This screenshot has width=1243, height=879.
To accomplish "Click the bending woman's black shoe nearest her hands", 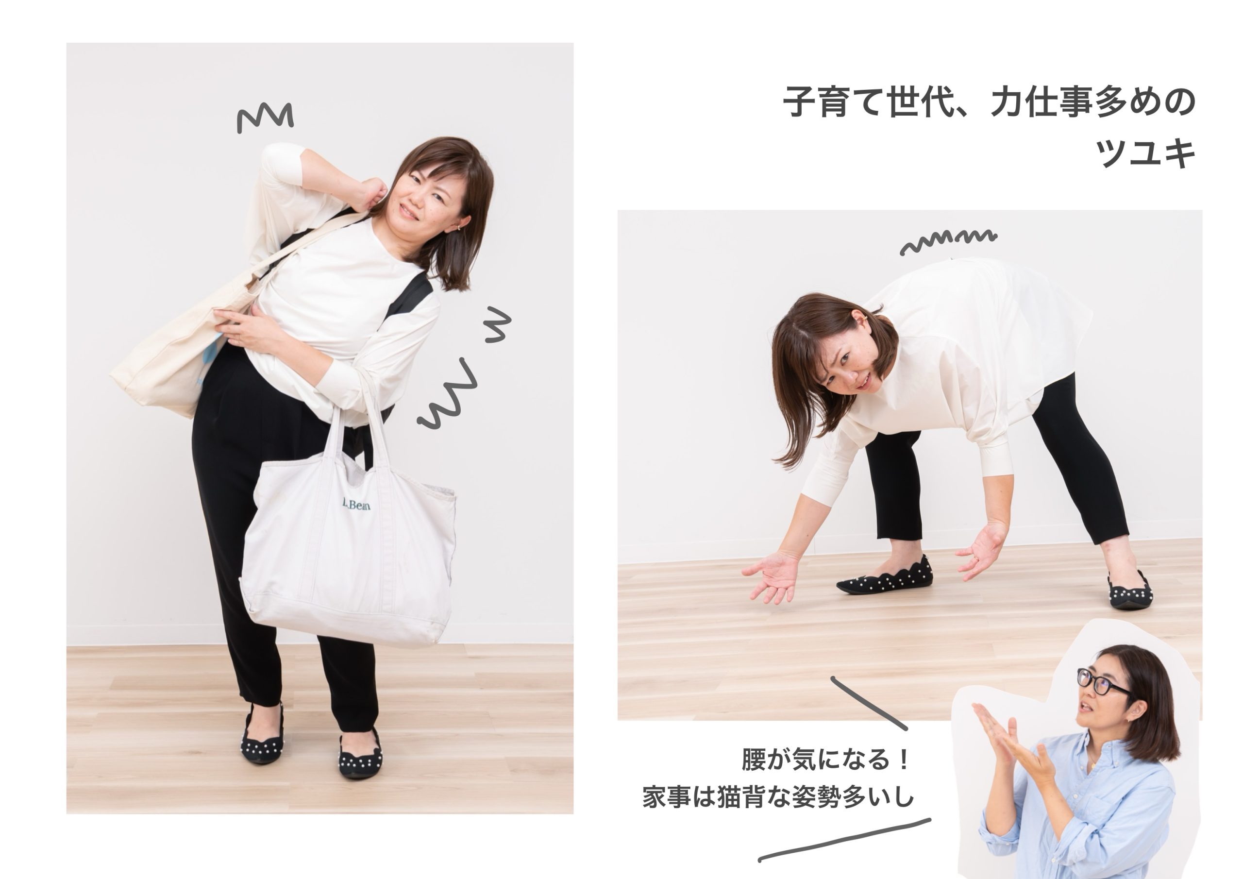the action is tap(885, 577).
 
